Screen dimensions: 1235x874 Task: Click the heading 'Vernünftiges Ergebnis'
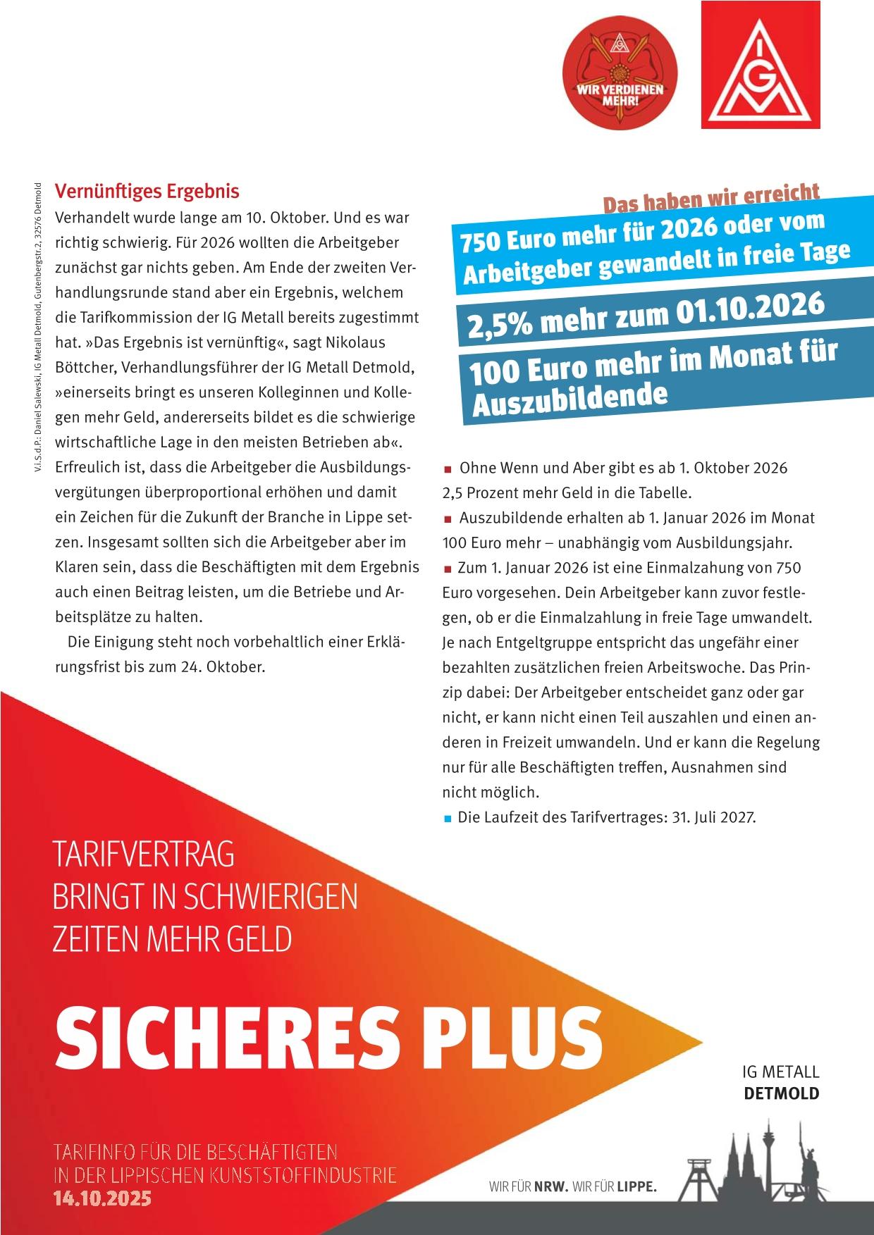pos(147,191)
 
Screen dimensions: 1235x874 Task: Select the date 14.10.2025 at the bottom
pos(103,1198)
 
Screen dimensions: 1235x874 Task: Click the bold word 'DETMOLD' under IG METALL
pos(782,1093)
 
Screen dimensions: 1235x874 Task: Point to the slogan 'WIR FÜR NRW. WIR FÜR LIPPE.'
pos(572,1187)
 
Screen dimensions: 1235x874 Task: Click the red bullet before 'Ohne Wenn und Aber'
pos(448,469)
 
